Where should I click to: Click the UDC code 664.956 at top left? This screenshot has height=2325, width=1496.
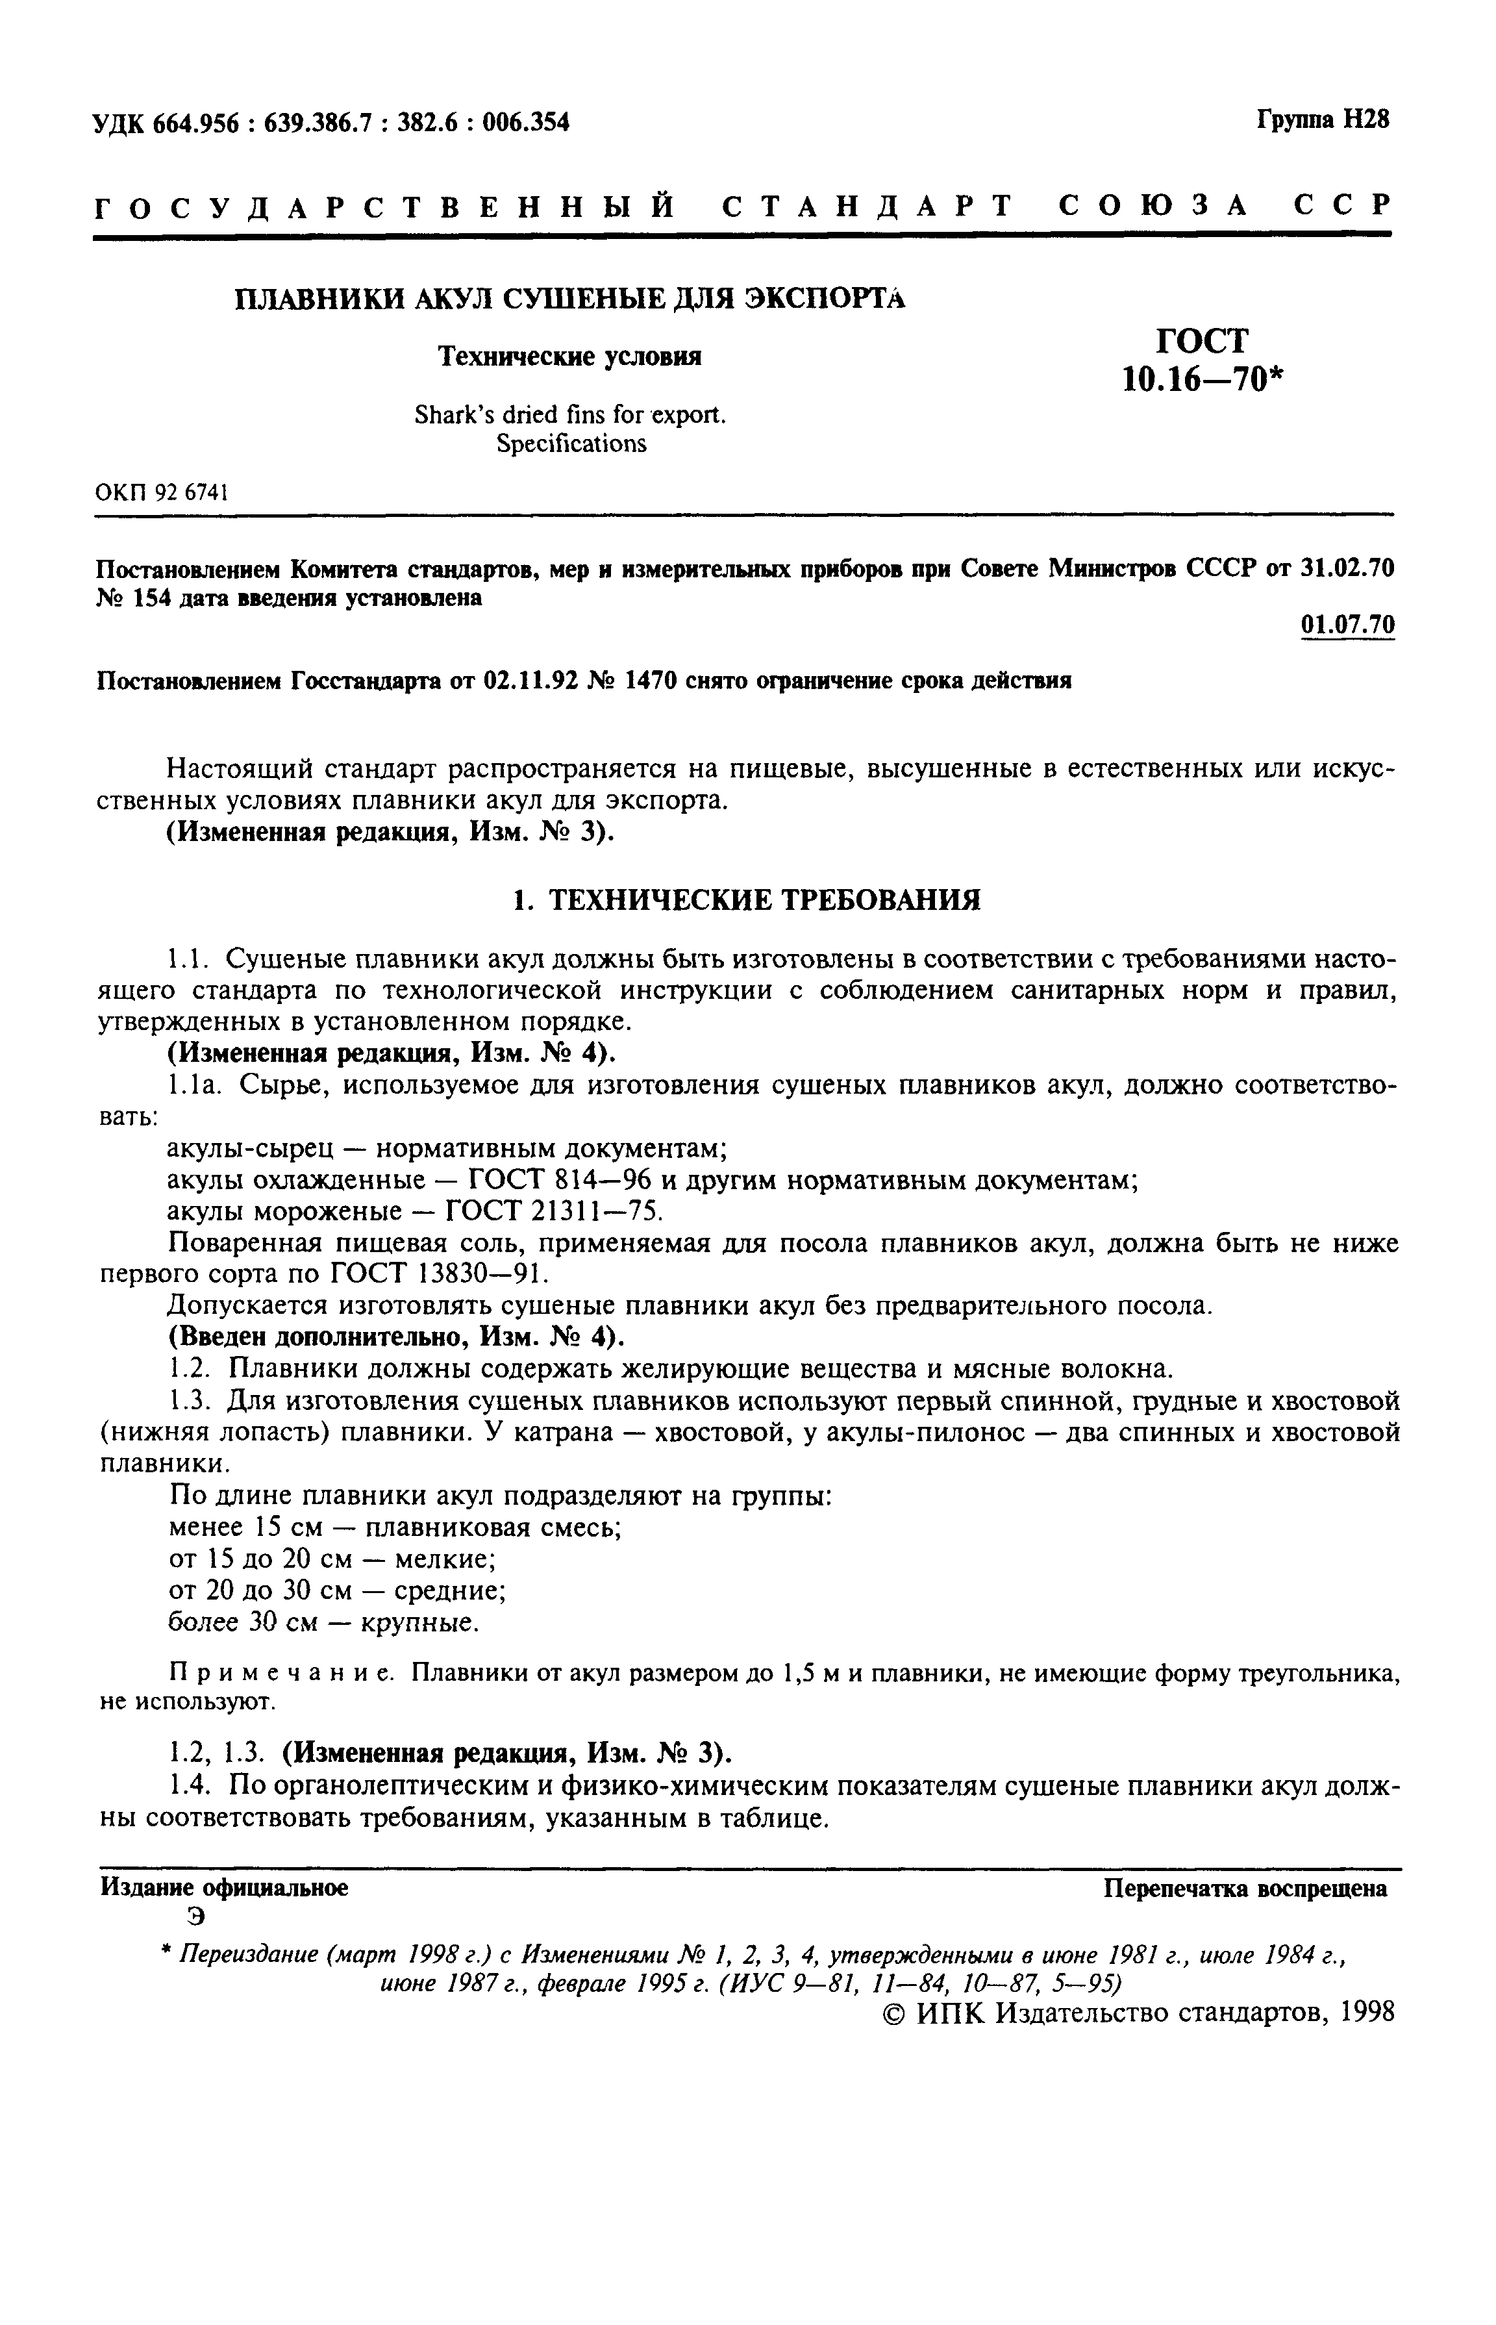point(193,123)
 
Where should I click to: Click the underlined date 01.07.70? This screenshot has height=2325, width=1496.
point(1347,625)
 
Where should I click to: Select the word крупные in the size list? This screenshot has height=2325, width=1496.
point(419,1622)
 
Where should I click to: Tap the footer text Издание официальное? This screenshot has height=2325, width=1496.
point(225,1888)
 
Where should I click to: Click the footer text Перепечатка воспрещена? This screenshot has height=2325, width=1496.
point(1245,1889)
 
